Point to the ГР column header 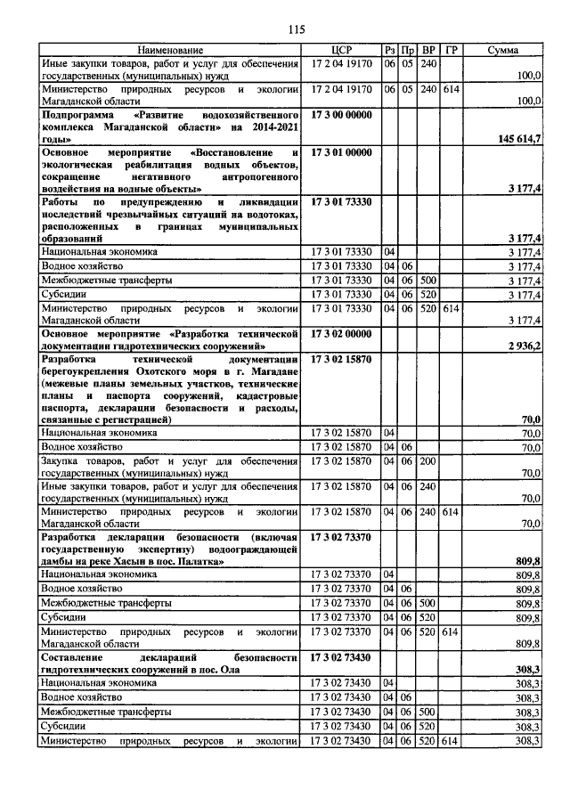[x=450, y=50]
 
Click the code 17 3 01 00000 [x=342, y=152]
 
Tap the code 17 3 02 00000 [x=342, y=331]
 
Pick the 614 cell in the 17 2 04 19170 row [x=450, y=89]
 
